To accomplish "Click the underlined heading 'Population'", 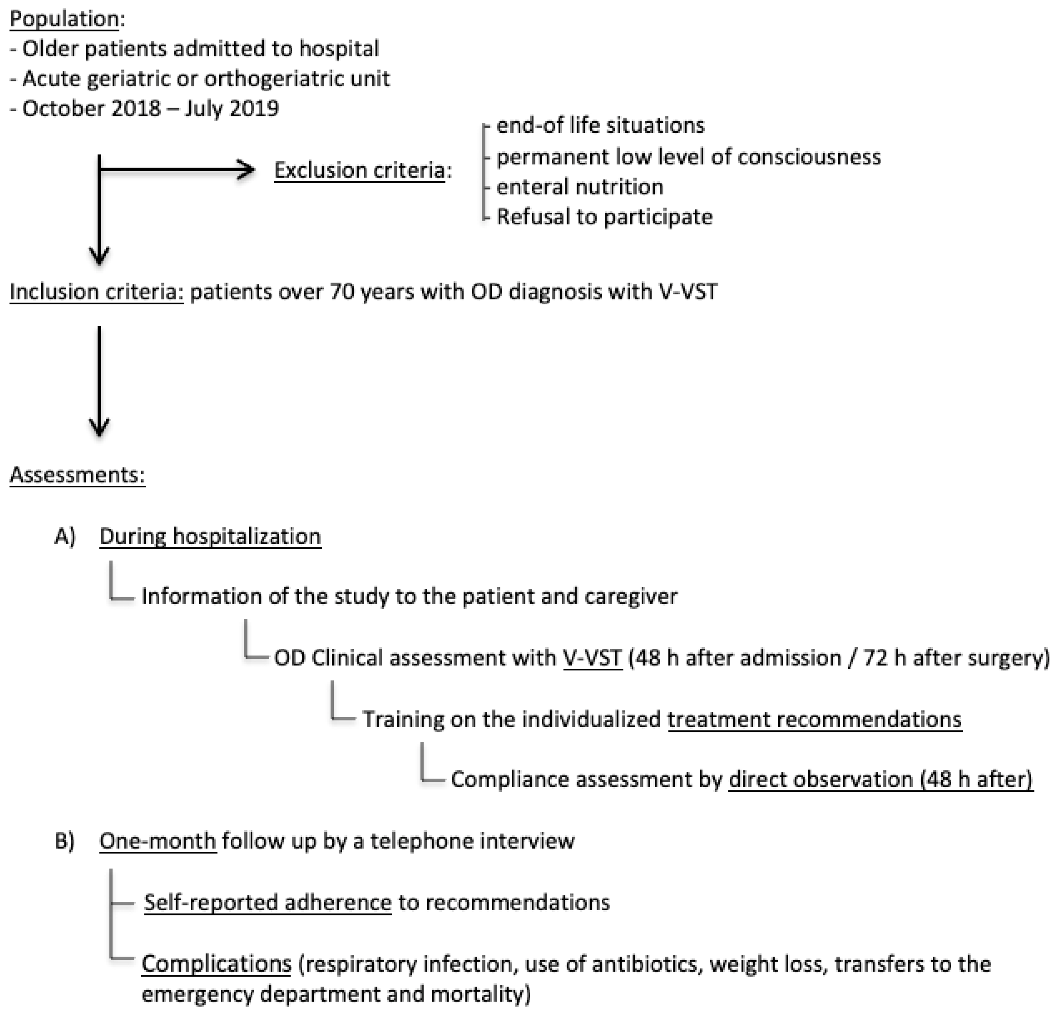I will pyautogui.click(x=64, y=19).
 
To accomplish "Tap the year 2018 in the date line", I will pyautogui.click(x=136, y=108).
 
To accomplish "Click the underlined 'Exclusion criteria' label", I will pyautogui.click(x=359, y=170).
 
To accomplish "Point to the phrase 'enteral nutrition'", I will pyautogui.click(x=579, y=187).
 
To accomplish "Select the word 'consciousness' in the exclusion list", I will pyautogui.click(x=808, y=157).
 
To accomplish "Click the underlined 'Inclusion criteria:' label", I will pyautogui.click(x=96, y=291).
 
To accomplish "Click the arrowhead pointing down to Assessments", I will pyautogui.click(x=99, y=427).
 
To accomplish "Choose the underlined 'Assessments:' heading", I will pyautogui.click(x=77, y=475).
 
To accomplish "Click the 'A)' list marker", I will pyautogui.click(x=65, y=536).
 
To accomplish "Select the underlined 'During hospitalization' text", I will pyautogui.click(x=210, y=536).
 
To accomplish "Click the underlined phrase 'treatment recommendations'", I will pyautogui.click(x=814, y=720).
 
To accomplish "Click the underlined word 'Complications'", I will pyautogui.click(x=216, y=963).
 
